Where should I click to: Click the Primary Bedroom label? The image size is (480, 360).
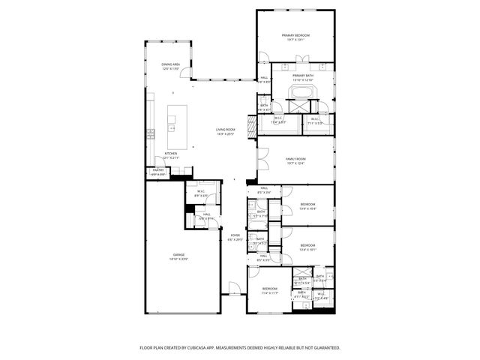click(x=295, y=35)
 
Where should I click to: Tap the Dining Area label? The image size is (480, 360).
click(x=170, y=64)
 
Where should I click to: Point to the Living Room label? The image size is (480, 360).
click(x=226, y=130)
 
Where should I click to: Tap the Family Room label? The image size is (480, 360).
click(x=295, y=159)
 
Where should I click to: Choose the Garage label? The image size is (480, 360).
click(x=179, y=255)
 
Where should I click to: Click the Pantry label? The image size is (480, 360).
click(x=158, y=170)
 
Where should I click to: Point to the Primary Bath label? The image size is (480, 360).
click(x=302, y=76)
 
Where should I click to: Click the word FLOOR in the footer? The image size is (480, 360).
click(x=147, y=348)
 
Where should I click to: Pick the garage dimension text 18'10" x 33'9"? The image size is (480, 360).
click(x=179, y=259)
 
